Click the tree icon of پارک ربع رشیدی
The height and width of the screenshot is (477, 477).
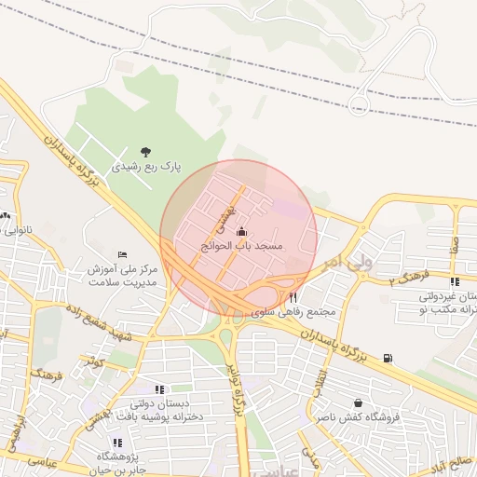[x=145, y=151]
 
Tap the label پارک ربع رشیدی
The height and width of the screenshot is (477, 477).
[x=146, y=168]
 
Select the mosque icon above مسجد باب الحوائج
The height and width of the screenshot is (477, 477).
[x=242, y=231]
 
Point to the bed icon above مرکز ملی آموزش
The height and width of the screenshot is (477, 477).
[x=122, y=254]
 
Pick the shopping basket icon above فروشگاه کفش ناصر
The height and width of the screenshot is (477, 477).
[x=358, y=403]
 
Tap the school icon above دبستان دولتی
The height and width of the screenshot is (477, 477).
[x=158, y=389]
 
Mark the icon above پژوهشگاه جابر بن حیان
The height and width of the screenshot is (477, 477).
[x=116, y=443]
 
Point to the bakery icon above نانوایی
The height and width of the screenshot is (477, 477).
[x=7, y=216]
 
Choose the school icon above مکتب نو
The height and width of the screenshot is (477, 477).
[x=454, y=281]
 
